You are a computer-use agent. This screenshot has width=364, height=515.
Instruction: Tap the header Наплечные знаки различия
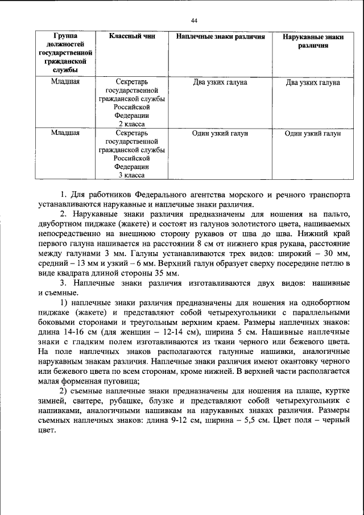(x=220, y=36)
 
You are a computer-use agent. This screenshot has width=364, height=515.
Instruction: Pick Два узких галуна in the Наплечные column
(x=220, y=83)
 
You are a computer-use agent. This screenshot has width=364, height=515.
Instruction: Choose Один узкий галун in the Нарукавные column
(x=313, y=133)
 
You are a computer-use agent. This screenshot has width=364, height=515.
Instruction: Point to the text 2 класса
(x=131, y=123)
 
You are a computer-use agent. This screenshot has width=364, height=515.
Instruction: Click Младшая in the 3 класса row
(x=65, y=133)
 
